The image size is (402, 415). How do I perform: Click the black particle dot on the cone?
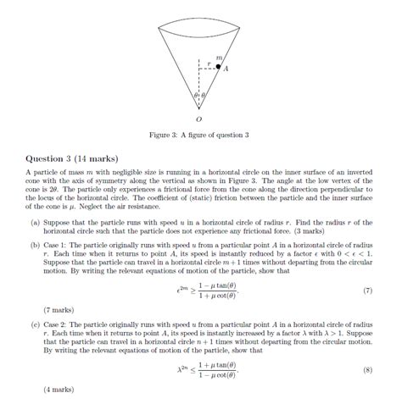(x=218, y=65)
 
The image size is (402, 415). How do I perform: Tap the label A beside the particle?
(x=226, y=70)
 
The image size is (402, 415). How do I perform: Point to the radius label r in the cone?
(x=209, y=61)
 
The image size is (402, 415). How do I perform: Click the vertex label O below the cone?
(x=200, y=119)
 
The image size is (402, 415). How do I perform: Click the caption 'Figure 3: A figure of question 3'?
(x=200, y=135)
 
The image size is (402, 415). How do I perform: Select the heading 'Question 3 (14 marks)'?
(x=72, y=158)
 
